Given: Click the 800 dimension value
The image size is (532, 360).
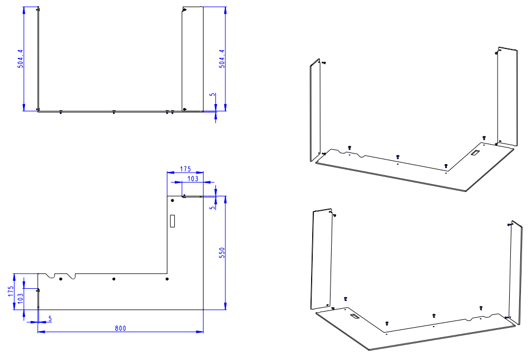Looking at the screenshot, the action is coord(120,328).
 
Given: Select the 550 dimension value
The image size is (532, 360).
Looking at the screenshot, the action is coord(222,253).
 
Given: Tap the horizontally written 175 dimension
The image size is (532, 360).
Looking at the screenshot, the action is coord(185,169).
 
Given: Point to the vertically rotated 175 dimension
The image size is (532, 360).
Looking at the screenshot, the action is coord(11,291).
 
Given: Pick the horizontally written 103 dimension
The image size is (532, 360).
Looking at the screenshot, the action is coord(193,179).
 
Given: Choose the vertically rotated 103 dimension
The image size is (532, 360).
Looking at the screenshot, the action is coord(21,298).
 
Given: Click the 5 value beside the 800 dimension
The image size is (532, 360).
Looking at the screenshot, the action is coord(50,319).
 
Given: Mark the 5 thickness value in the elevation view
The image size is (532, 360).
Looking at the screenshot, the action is coord(213,95).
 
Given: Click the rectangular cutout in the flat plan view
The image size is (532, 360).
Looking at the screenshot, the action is coord(173,221).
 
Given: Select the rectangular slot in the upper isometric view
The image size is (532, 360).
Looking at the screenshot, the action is coord(475,152).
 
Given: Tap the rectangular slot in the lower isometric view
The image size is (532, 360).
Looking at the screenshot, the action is coord(354,316).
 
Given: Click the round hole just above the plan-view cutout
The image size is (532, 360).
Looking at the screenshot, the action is coord(173,200).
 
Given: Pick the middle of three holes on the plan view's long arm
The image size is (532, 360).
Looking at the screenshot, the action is coord(114,279).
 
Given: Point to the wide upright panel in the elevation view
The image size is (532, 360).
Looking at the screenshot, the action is coord(193,58).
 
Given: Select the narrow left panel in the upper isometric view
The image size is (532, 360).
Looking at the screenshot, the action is coord(315,110).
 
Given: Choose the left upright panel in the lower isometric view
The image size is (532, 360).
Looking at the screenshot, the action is coord(322,259).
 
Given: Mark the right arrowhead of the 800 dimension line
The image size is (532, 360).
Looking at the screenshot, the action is coord(200,332).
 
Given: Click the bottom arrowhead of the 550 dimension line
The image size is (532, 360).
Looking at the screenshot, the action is coord(225,307).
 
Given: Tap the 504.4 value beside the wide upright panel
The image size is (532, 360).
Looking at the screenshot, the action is coord(222,58).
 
